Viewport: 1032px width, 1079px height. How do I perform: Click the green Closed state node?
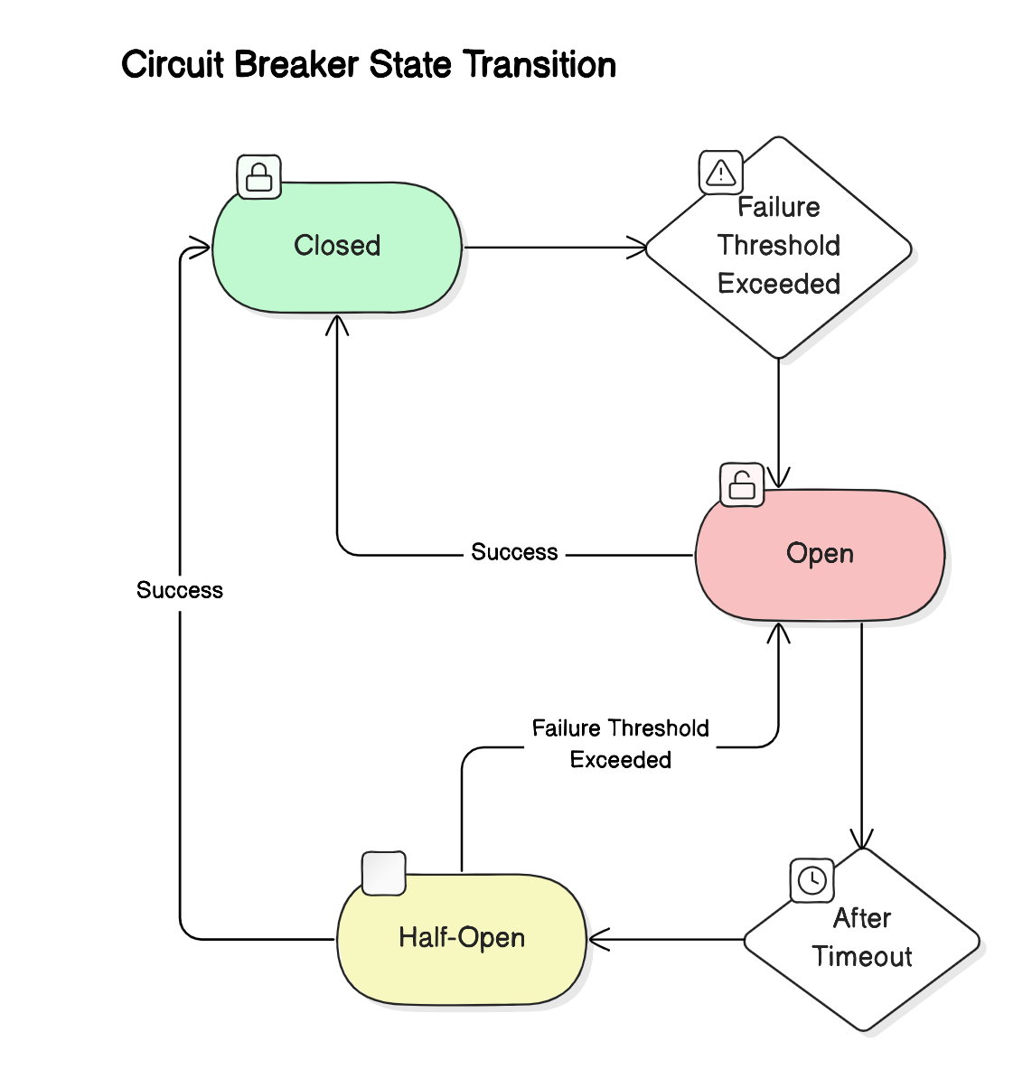coord(337,247)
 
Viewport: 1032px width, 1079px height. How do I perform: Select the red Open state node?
coord(820,554)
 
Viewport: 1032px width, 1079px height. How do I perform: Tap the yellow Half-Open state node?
coord(462,938)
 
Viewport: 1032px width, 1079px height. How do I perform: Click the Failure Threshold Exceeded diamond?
coord(778,247)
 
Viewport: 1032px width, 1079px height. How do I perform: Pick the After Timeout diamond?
coord(862,939)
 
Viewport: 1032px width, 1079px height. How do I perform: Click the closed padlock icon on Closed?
coord(259,176)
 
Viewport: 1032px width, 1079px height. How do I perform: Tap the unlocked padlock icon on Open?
coord(742,484)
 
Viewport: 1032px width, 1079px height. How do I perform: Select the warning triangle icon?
coord(721,173)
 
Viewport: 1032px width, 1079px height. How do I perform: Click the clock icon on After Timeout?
coord(812,880)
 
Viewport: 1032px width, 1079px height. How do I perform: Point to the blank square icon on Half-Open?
coord(383,873)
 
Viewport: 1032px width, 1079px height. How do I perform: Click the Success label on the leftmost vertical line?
coord(180,590)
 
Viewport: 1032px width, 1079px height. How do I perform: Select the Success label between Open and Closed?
coord(514,552)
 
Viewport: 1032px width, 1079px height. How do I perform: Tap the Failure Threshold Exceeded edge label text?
coord(620,744)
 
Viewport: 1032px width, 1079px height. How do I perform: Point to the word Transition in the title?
coord(539,65)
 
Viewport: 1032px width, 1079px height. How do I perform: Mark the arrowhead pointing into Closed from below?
coord(337,324)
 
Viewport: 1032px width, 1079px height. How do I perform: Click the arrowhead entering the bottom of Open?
coord(778,632)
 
